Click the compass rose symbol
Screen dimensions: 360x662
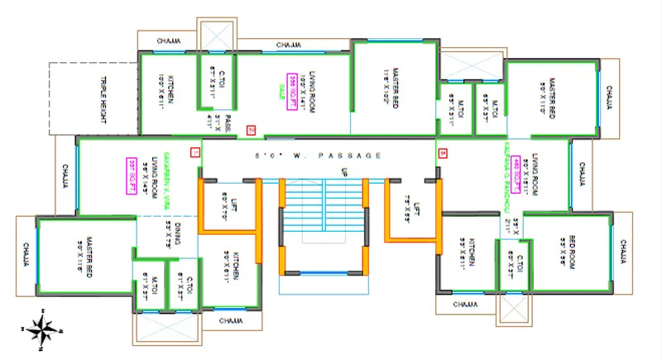click(x=39, y=329)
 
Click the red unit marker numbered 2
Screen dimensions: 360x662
click(x=251, y=128)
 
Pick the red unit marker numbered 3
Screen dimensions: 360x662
click(x=443, y=153)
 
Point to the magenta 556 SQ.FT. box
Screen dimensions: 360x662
click(x=291, y=83)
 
